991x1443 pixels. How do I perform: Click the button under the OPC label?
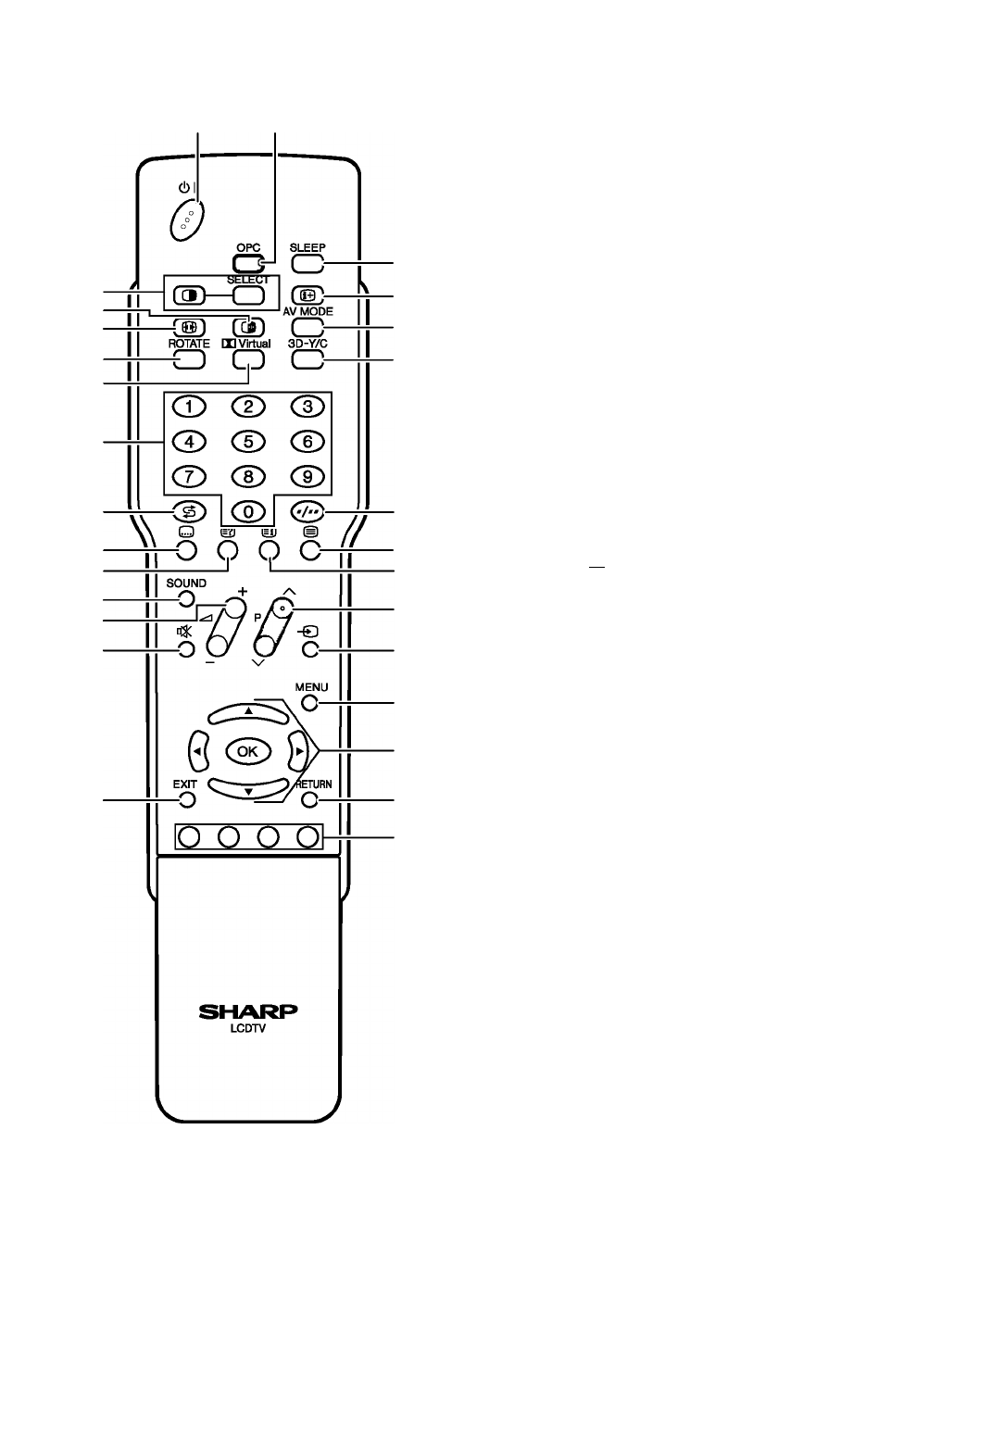point(248,263)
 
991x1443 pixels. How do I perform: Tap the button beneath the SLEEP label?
point(307,263)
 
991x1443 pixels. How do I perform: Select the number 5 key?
point(248,442)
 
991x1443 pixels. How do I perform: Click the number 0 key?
point(248,512)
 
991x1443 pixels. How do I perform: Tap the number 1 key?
point(189,407)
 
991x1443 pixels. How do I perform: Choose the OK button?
point(247,751)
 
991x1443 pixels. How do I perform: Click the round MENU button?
point(310,703)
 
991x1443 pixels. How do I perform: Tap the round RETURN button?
point(310,800)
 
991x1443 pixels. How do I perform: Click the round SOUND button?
point(186,599)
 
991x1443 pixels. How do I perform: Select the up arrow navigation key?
point(248,712)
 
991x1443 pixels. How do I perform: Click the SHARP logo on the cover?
point(248,1011)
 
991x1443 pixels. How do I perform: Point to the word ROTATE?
point(189,344)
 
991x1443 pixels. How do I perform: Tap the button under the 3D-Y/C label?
point(307,360)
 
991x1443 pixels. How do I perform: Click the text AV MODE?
point(308,312)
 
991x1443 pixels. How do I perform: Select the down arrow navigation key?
point(248,788)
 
